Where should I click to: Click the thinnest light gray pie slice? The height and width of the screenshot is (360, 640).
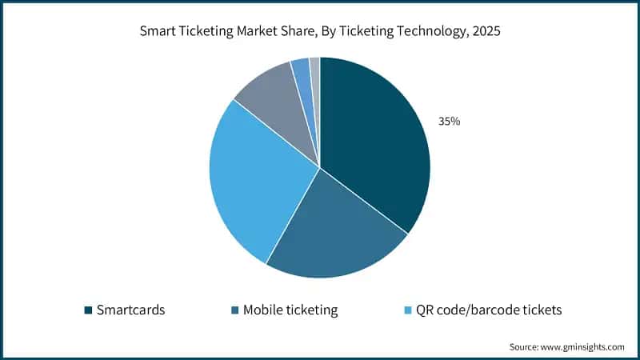click(315, 70)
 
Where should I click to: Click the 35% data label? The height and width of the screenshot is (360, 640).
click(449, 122)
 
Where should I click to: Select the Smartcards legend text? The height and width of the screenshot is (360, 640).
click(130, 310)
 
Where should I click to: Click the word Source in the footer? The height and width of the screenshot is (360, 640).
click(525, 346)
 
